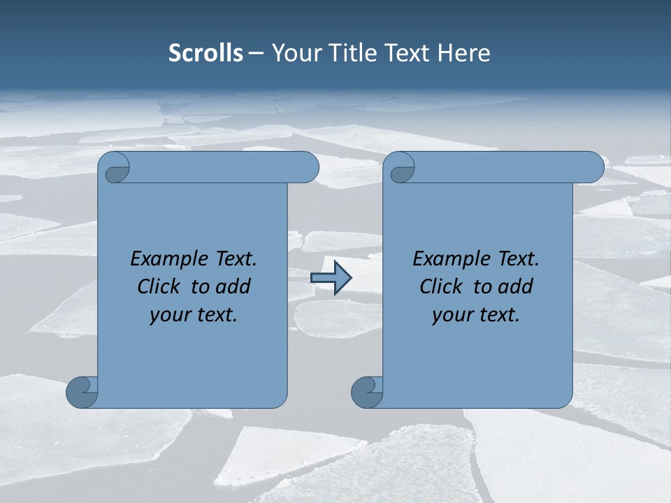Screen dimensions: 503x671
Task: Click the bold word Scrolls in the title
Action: [206, 52]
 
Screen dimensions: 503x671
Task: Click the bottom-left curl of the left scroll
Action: [82, 392]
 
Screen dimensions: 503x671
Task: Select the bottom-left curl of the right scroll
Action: [366, 392]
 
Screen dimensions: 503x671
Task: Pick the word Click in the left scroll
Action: [159, 286]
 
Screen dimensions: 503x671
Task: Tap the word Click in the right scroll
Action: [441, 286]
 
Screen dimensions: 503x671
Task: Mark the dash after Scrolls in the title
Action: [257, 52]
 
